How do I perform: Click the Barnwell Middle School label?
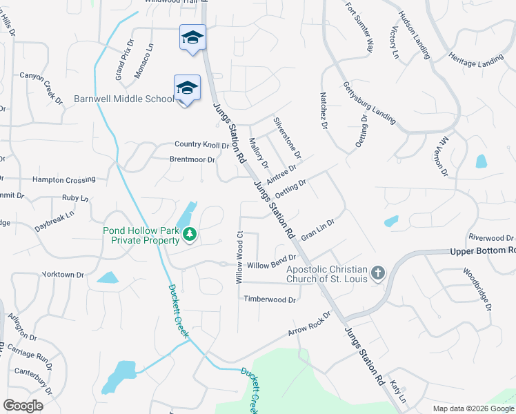click(124, 99)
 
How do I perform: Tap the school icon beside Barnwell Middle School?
click(187, 88)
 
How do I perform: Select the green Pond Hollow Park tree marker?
click(189, 236)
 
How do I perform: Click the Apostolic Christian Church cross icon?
click(377, 273)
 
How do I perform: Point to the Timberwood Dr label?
click(270, 299)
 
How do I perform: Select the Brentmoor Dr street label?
click(192, 159)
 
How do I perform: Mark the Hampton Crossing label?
click(64, 179)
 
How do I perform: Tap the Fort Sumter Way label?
click(359, 27)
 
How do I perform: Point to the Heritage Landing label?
click(476, 60)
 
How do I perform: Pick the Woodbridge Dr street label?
click(477, 289)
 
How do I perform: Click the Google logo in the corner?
click(23, 406)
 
